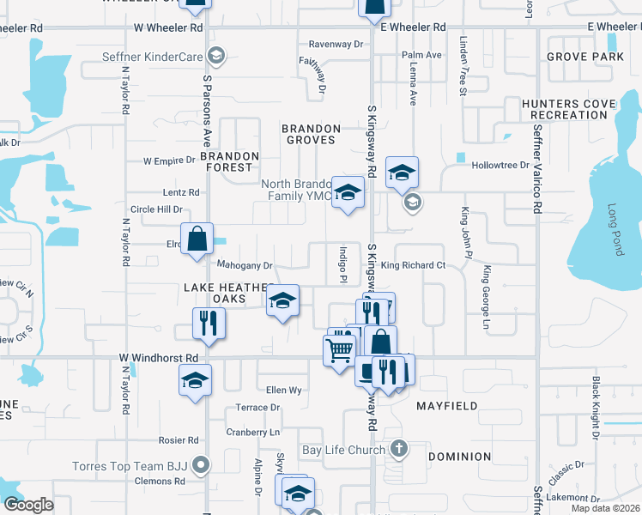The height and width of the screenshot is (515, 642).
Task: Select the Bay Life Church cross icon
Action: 398,449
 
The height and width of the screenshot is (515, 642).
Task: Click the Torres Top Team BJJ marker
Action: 202,466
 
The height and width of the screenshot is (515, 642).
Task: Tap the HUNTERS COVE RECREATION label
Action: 569,109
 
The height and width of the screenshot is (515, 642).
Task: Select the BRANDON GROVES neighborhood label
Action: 312,135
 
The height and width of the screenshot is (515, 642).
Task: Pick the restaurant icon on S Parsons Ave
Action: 206,323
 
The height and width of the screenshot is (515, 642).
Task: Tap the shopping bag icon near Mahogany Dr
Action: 197,239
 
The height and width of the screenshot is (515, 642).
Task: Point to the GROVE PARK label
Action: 584,57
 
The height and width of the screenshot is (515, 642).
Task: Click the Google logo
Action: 27,505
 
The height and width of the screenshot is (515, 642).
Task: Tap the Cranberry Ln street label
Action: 252,433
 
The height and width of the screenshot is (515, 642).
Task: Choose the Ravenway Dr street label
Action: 336,44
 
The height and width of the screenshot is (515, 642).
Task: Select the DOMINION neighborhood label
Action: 460,457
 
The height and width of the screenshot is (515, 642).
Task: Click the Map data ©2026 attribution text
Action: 606,508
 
